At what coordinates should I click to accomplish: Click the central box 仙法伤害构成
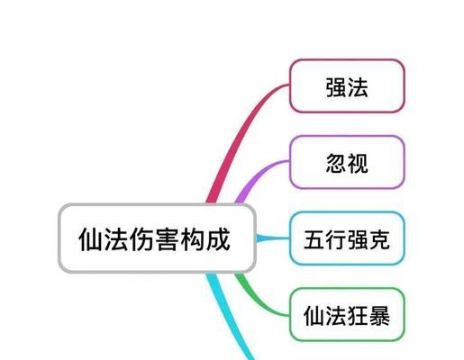[157, 238]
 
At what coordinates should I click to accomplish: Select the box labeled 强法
[347, 86]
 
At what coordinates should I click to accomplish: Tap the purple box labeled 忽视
[347, 162]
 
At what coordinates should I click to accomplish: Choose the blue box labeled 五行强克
[347, 238]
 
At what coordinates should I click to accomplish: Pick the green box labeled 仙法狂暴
[347, 315]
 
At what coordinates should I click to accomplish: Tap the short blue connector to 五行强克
[273, 238]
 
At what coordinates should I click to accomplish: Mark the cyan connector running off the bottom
[227, 318]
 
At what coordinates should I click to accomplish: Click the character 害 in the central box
[167, 239]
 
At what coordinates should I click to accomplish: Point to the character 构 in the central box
[192, 239]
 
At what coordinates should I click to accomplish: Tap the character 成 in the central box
[218, 239]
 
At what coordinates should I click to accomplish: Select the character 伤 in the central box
[141, 239]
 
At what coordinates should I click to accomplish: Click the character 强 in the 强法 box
[336, 87]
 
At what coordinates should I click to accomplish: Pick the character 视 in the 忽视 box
[358, 163]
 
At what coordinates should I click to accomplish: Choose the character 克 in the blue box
[379, 239]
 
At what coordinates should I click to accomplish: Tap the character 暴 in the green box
[379, 316]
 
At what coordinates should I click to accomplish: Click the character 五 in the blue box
[314, 239]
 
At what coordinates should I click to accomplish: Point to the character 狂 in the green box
[358, 316]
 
